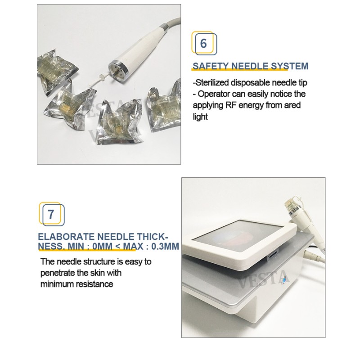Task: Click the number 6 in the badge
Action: tap(203, 44)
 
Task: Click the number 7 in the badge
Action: tap(51, 215)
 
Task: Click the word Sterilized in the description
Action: tap(211, 83)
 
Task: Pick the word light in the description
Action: tap(200, 117)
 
